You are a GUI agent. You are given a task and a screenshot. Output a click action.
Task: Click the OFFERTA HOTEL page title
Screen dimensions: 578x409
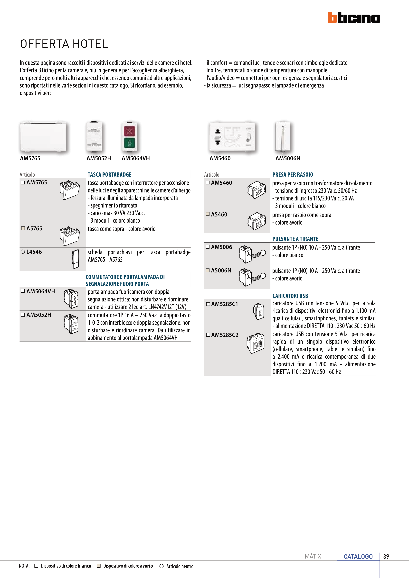tap(64, 44)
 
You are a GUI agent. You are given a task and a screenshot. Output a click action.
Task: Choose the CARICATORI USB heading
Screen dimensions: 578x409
tap(290, 296)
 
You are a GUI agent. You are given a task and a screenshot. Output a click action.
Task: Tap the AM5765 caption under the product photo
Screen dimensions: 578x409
tap(30, 158)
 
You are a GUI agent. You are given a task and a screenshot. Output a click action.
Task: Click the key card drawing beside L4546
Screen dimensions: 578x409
tap(75, 259)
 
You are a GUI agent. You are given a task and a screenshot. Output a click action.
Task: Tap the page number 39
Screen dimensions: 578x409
tap(386, 556)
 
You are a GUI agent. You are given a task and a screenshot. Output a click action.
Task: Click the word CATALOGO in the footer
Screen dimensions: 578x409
tap(358, 556)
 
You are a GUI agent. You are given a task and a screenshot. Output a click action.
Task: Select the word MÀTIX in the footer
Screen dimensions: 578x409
tap(313, 556)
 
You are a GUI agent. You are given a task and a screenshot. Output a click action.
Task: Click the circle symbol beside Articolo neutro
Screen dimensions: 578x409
tap(162, 566)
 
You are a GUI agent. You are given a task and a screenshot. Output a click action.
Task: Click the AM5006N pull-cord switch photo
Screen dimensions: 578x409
tap(283, 137)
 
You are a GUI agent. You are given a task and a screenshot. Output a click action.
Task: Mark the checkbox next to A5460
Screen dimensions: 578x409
tap(208, 214)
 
